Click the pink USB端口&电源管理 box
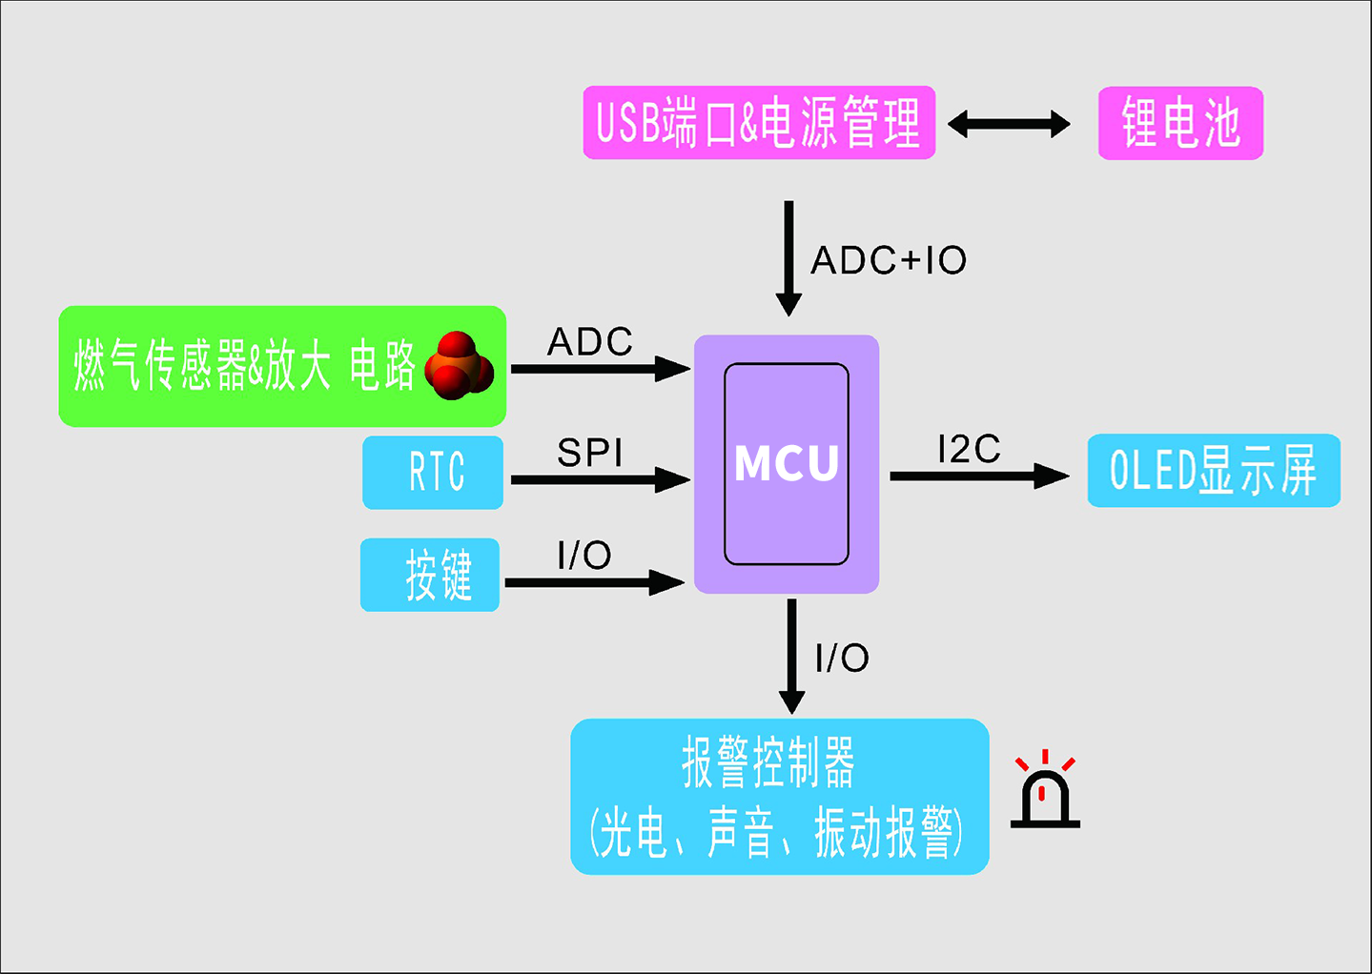pyautogui.click(x=759, y=123)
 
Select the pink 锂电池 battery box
pyautogui.click(x=1180, y=123)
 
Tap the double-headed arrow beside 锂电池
pyautogui.click(x=1009, y=124)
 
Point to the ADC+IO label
pyautogui.click(x=889, y=260)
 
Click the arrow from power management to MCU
pyautogui.click(x=788, y=257)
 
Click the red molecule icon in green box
pyautogui.click(x=459, y=366)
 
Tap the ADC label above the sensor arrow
pyautogui.click(x=590, y=341)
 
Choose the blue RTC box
pyautogui.click(x=433, y=472)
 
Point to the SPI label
pyautogui.click(x=590, y=452)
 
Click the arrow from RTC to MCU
pyautogui.click(x=600, y=478)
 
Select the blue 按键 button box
pyautogui.click(x=430, y=575)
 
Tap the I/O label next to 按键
pyautogui.click(x=584, y=555)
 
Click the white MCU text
pyautogui.click(x=787, y=464)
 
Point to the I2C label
pyautogui.click(x=969, y=449)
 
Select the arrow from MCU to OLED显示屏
pyautogui.click(x=978, y=476)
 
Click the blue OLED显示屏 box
pyautogui.click(x=1214, y=471)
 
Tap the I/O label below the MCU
pyautogui.click(x=842, y=658)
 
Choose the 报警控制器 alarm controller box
pyautogui.click(x=779, y=797)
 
